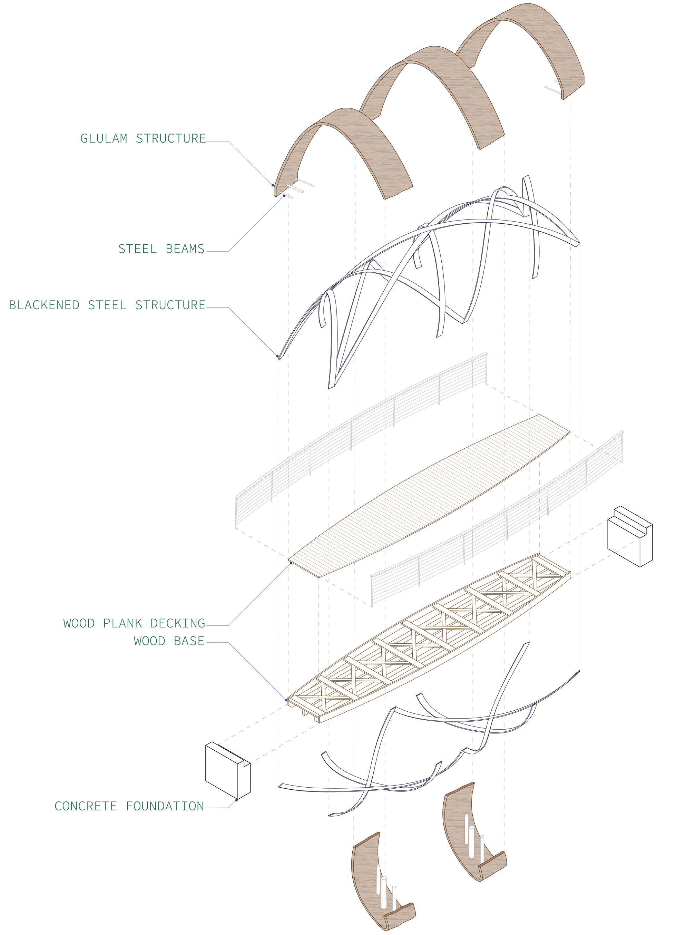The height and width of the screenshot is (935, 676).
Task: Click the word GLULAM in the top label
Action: click(x=104, y=138)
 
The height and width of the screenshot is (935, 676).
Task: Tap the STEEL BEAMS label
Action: click(x=161, y=249)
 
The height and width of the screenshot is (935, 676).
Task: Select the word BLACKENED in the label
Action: click(x=44, y=305)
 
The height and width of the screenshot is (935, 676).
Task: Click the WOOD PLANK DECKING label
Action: click(x=134, y=623)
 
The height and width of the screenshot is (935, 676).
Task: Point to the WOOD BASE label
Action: click(x=169, y=641)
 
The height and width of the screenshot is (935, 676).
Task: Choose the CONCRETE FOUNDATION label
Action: click(x=129, y=806)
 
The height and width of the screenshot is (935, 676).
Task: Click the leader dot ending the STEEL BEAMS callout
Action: click(x=284, y=195)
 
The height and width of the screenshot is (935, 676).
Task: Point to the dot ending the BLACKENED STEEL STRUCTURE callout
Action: click(x=277, y=356)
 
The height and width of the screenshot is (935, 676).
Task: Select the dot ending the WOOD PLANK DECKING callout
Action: click(x=291, y=563)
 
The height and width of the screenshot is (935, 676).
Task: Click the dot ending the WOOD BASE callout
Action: click(x=286, y=700)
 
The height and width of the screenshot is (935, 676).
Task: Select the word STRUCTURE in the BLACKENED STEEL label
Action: click(x=170, y=305)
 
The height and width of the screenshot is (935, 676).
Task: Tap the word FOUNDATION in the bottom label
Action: click(x=165, y=806)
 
